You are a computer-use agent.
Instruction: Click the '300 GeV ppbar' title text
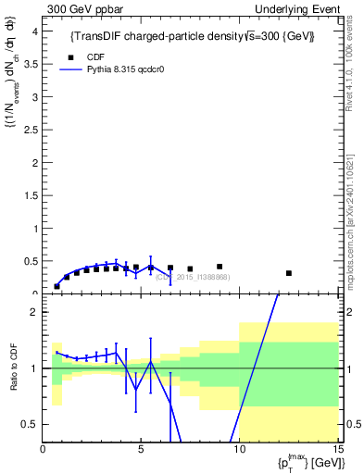coord(82,8)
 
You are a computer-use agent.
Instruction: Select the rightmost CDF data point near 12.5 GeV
coord(289,273)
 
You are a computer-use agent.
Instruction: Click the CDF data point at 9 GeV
coord(220,267)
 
